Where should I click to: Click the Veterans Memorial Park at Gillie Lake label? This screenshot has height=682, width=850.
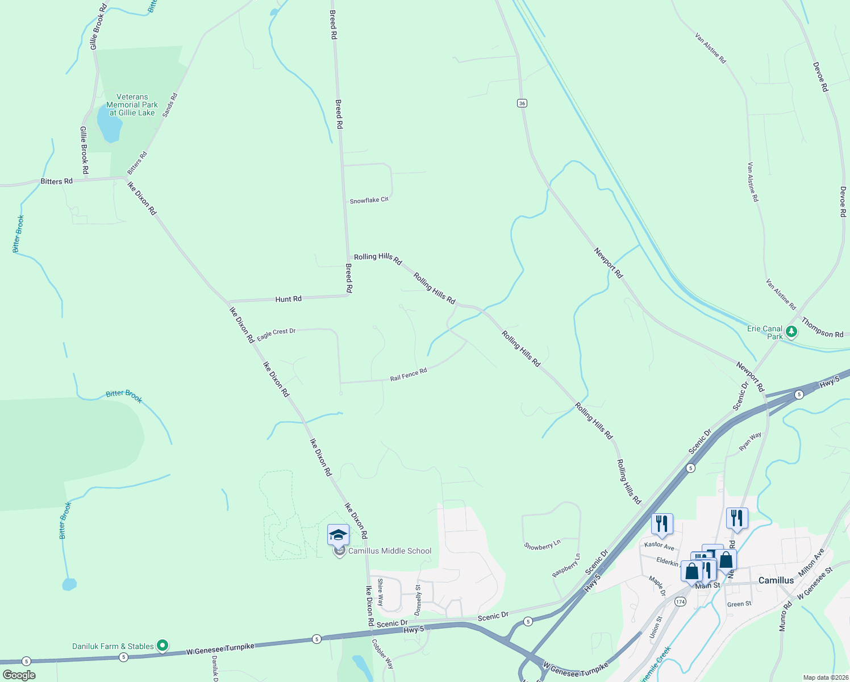click(x=132, y=105)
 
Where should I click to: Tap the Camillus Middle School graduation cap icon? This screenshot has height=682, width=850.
click(x=338, y=535)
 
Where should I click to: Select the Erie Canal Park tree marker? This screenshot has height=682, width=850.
click(x=791, y=331)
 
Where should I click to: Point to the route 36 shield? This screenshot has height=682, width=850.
click(x=522, y=103)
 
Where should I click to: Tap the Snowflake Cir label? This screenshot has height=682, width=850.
click(x=369, y=201)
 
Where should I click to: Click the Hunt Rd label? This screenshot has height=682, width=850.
click(x=289, y=299)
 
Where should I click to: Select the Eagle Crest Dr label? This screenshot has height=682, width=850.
click(x=276, y=335)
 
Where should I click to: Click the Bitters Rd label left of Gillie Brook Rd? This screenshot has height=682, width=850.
click(x=57, y=181)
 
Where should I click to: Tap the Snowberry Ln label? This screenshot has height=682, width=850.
click(x=542, y=546)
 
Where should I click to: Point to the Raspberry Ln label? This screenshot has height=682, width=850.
click(x=566, y=566)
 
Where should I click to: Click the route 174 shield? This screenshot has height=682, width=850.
click(x=680, y=601)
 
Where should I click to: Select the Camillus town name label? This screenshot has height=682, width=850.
click(x=776, y=580)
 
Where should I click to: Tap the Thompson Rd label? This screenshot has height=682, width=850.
click(x=822, y=328)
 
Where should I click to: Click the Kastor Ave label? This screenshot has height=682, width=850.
click(x=659, y=545)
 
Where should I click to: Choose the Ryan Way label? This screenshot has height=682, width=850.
click(x=750, y=442)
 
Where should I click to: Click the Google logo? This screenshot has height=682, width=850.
click(x=19, y=675)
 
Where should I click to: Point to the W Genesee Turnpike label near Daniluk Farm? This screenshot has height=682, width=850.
click(x=220, y=649)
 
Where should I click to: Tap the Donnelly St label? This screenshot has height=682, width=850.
click(x=418, y=600)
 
